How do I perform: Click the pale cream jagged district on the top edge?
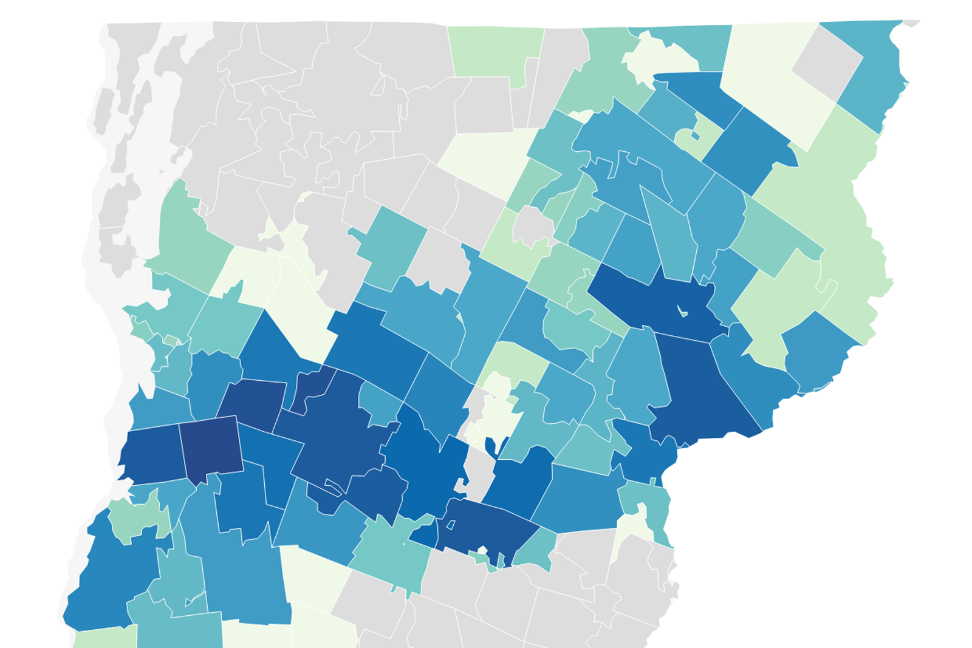point(659,58)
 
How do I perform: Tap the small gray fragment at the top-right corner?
point(911,23)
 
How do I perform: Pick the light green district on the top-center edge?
point(495,52)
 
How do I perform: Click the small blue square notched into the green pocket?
point(695,135)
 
